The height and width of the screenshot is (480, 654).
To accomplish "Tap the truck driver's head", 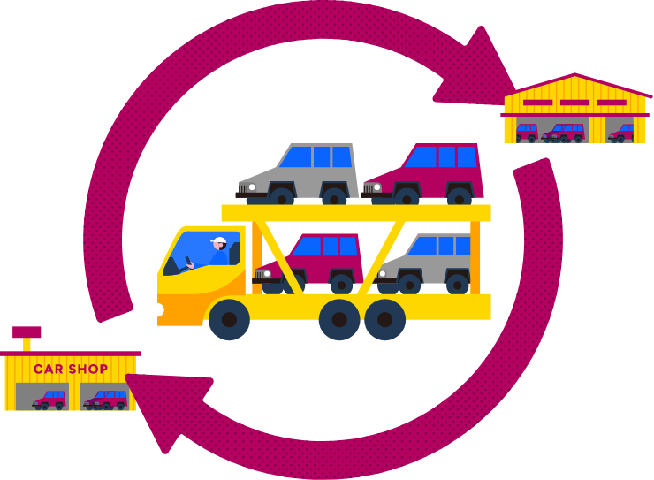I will [x=219, y=245].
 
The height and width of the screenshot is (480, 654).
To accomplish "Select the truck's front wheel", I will [x=229, y=319].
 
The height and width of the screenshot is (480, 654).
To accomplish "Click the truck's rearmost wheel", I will [x=384, y=319].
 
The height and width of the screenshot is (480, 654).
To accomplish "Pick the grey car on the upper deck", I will [x=300, y=173].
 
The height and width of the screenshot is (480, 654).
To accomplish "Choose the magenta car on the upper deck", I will [x=426, y=173].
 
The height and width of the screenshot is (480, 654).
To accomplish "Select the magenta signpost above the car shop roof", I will [x=27, y=333].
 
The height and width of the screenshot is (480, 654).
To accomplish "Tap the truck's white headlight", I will [x=160, y=309].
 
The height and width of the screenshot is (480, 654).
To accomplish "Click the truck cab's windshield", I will [x=198, y=252].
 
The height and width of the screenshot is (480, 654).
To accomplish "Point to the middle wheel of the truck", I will [x=339, y=319].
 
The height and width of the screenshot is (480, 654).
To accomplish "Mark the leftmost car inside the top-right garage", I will [x=527, y=132].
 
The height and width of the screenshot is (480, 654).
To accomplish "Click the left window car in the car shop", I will [x=50, y=400].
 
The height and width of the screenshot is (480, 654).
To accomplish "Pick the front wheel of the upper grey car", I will [x=282, y=195].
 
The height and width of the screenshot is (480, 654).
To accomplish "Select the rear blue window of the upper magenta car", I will [x=466, y=156].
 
